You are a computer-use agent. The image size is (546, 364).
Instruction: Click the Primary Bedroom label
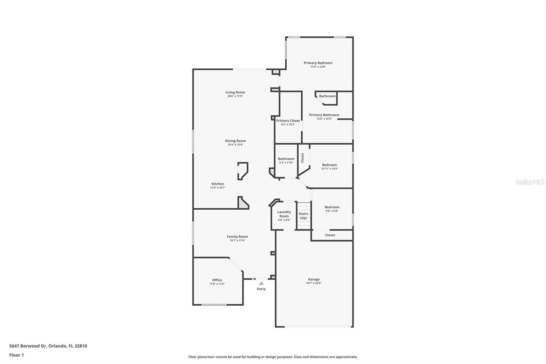318,63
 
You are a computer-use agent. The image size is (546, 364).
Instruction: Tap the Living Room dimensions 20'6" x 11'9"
235,96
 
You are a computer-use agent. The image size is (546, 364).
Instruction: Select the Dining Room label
235,141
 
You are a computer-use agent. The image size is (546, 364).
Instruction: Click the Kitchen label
218,184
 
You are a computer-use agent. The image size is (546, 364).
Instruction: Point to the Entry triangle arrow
261,283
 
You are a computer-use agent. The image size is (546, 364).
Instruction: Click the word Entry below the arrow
261,289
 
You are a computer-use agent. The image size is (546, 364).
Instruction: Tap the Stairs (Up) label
303,216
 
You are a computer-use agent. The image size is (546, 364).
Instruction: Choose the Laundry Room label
284,214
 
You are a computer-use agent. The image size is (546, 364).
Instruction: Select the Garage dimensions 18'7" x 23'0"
314,283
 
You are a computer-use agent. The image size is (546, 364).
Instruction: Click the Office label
217,280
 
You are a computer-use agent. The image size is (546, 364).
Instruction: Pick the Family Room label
237,237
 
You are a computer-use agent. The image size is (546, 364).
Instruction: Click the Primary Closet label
288,121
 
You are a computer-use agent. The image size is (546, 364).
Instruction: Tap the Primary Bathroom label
324,115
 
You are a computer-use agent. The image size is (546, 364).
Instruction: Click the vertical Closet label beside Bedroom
302,157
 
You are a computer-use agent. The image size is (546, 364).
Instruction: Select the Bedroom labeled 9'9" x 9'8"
332,207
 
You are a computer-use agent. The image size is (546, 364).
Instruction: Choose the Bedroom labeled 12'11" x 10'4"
329,165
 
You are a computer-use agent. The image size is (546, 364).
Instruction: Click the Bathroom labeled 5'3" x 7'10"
286,159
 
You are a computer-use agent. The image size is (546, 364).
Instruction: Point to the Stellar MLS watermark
530,182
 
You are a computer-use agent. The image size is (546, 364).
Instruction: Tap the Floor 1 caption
16,355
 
